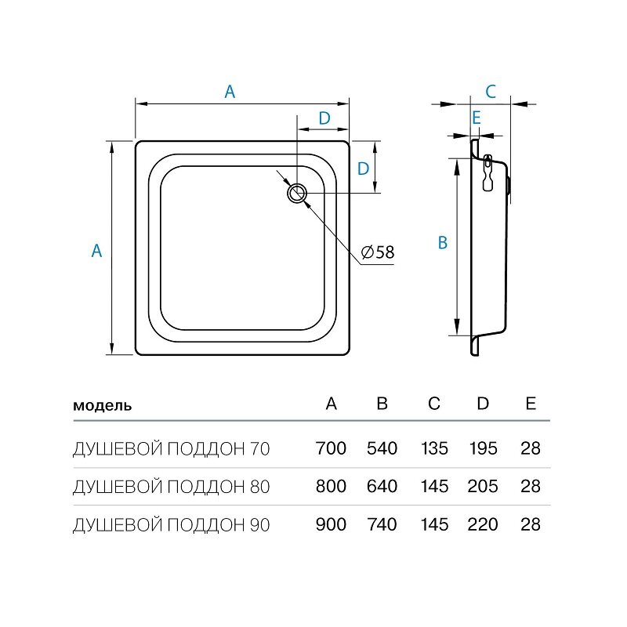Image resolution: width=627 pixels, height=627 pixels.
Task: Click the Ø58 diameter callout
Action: click(378, 252)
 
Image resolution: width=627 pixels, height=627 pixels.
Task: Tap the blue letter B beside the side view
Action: click(443, 243)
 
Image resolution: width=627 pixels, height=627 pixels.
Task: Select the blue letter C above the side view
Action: click(491, 92)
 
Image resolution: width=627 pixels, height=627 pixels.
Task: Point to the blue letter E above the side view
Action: click(476, 118)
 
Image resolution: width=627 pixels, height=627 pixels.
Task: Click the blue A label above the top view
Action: click(230, 92)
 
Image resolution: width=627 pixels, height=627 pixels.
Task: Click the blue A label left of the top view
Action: click(96, 251)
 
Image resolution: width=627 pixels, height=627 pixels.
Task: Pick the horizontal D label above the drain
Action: click(324, 118)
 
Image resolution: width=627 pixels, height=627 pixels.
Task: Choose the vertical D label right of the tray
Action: click(363, 169)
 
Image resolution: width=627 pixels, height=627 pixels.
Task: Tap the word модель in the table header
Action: click(103, 405)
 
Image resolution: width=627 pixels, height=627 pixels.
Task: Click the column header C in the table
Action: click(434, 404)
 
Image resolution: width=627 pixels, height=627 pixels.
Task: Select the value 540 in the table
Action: click(382, 448)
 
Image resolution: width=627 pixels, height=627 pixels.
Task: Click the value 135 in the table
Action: click(434, 448)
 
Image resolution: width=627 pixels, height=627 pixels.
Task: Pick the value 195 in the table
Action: click(483, 448)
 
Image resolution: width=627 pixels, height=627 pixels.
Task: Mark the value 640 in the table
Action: click(382, 486)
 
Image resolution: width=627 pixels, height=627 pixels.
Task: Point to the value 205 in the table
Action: click(483, 486)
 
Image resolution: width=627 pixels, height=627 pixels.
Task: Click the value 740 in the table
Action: click(382, 524)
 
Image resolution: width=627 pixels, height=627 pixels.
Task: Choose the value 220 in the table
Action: click(483, 524)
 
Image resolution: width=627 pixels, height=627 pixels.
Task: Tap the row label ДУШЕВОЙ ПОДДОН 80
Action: click(172, 487)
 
